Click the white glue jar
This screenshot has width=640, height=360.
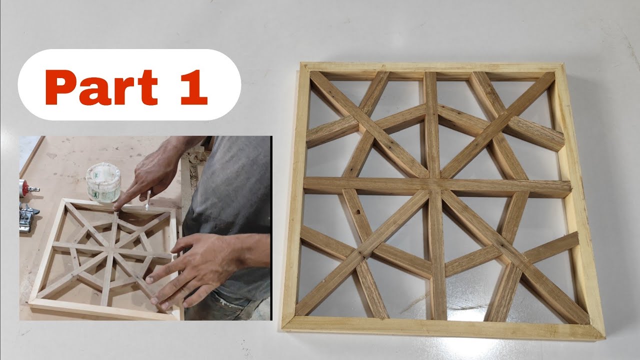click(x=103, y=182)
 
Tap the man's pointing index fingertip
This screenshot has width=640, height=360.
click(x=116, y=206)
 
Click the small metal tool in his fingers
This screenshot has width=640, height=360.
click(x=147, y=202)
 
